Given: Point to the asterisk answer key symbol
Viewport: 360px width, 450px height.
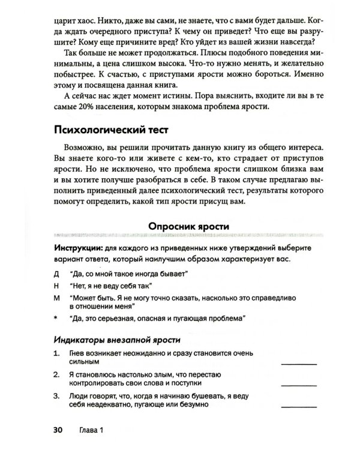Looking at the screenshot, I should coord(56,317).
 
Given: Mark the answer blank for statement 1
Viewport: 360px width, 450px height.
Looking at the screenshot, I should coord(299,362).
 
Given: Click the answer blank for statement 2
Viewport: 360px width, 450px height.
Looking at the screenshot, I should coord(299,383).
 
